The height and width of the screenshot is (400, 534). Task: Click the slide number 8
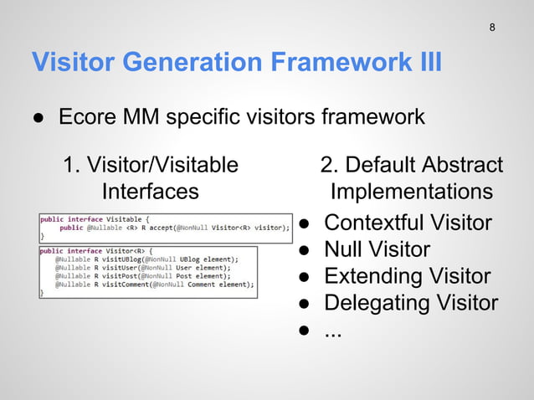[x=492, y=28]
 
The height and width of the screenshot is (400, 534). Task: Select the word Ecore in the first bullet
[x=85, y=117]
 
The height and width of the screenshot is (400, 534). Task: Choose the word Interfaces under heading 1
[x=151, y=192]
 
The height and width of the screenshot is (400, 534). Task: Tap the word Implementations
[x=412, y=192]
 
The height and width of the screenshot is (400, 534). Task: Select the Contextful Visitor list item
[x=408, y=223]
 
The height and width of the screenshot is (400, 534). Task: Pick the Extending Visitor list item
[x=407, y=276]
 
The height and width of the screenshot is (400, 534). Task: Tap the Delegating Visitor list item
[x=411, y=303]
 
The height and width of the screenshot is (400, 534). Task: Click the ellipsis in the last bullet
[x=333, y=330]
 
